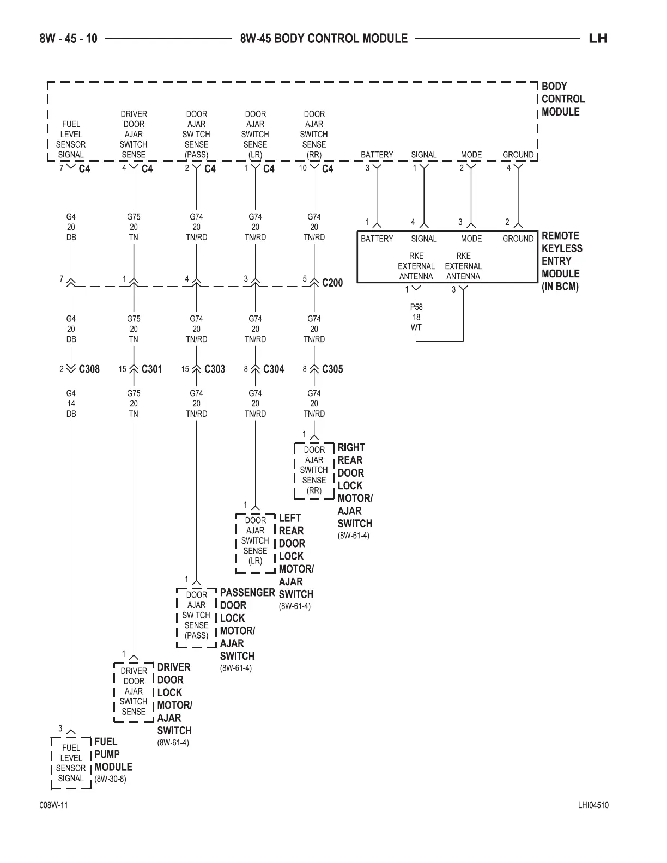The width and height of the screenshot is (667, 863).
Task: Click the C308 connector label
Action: click(89, 369)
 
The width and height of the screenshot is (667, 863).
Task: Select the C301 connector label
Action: click(151, 369)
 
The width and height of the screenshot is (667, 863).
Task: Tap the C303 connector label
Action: click(214, 369)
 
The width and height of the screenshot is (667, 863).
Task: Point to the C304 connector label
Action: click(274, 369)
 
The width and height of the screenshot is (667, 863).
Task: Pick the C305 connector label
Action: click(332, 369)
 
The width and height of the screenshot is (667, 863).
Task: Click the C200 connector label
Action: click(332, 283)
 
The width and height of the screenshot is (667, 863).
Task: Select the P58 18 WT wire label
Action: click(416, 317)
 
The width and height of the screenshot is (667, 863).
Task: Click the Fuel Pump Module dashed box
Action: click(71, 763)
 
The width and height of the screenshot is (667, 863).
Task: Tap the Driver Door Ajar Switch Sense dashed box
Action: click(134, 691)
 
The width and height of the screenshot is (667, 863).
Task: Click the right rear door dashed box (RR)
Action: click(314, 470)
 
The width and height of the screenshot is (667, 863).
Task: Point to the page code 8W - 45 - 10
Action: click(69, 38)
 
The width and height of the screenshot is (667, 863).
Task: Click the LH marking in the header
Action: click(598, 38)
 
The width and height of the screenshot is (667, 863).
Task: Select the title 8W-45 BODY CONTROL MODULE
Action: click(324, 38)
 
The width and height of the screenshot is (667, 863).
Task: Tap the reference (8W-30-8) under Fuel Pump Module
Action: click(110, 779)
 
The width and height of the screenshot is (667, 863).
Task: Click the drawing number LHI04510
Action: click(593, 806)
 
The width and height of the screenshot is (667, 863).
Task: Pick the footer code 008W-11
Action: click(53, 806)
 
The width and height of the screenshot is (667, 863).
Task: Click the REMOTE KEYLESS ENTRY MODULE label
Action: click(562, 261)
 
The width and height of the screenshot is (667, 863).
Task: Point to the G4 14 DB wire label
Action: click(71, 403)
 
